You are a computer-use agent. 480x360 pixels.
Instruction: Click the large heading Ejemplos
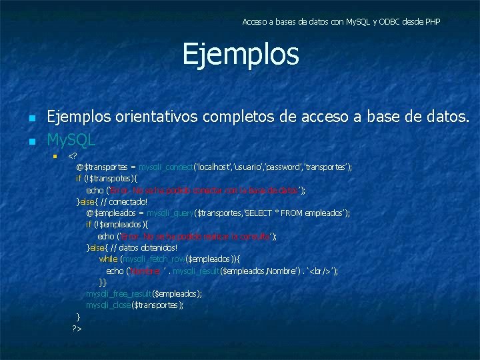(x=241, y=55)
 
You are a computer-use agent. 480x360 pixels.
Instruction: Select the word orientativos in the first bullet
(x=158, y=118)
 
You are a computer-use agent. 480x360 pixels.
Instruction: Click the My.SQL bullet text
(x=71, y=141)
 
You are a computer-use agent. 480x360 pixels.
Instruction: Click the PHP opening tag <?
(x=72, y=156)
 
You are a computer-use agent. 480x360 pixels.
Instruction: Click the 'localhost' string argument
(x=213, y=167)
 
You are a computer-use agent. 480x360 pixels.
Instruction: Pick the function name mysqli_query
(x=170, y=213)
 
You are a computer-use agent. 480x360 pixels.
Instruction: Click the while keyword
(x=108, y=259)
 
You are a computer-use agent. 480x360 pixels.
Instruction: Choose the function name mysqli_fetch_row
(x=155, y=259)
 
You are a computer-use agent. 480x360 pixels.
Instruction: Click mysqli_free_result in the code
(x=119, y=294)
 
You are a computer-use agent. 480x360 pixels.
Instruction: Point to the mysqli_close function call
(x=109, y=305)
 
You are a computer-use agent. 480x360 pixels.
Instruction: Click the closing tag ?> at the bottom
(x=77, y=329)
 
